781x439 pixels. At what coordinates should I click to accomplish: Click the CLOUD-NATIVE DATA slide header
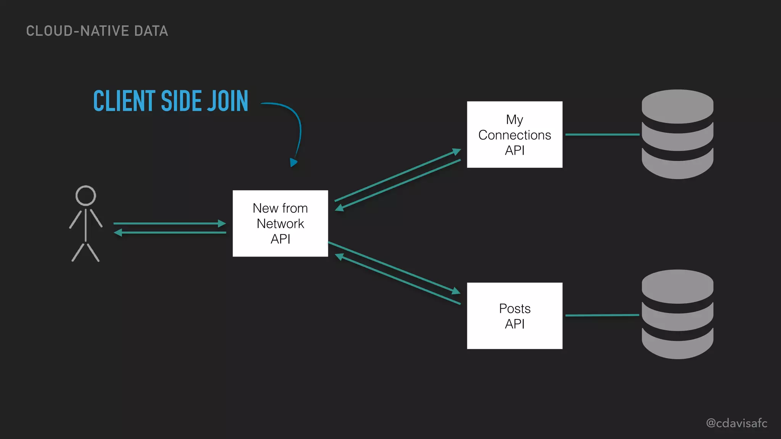click(x=97, y=31)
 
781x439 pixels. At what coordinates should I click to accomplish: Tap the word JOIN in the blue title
click(x=228, y=101)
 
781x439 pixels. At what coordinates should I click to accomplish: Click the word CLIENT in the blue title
click(x=124, y=101)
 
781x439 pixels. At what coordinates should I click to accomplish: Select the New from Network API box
click(x=280, y=223)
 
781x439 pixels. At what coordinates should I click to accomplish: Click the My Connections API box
click(x=514, y=134)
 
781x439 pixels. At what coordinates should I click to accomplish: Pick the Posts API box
click(x=514, y=316)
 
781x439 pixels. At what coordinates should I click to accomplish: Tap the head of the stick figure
click(x=85, y=195)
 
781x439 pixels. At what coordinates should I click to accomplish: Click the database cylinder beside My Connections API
click(x=677, y=134)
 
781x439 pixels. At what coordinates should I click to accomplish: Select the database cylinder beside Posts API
click(x=677, y=314)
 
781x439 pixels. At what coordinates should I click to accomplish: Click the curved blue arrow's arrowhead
click(x=293, y=163)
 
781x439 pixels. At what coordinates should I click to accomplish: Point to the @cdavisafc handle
click(x=736, y=423)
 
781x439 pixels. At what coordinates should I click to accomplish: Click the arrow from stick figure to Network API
click(x=168, y=223)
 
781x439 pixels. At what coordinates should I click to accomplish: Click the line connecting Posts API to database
click(x=602, y=315)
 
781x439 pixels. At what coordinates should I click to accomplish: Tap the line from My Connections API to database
click(x=602, y=135)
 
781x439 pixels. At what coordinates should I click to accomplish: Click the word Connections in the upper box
click(x=514, y=135)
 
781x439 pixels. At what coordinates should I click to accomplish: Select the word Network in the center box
click(x=280, y=224)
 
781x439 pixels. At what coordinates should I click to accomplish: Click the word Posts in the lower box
click(x=514, y=308)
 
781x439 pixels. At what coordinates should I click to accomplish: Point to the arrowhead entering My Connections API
click(x=456, y=151)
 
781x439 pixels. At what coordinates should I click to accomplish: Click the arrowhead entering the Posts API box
click(x=456, y=292)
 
